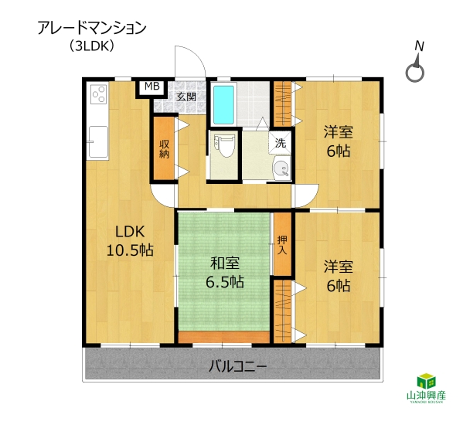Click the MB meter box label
coord(152,87)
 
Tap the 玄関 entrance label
coord(186,97)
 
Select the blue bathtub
coord(224,105)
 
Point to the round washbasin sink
coord(281,168)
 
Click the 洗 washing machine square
coord(281,143)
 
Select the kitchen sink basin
coord(98,142)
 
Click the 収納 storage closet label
coord(164,149)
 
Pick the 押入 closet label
coord(282,245)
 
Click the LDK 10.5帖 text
coord(130,241)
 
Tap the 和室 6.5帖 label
coord(225,273)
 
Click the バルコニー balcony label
coord(238,366)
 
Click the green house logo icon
coord(426,381)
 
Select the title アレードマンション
coord(92,29)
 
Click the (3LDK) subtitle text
coord(92,46)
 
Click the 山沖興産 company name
coord(426,396)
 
